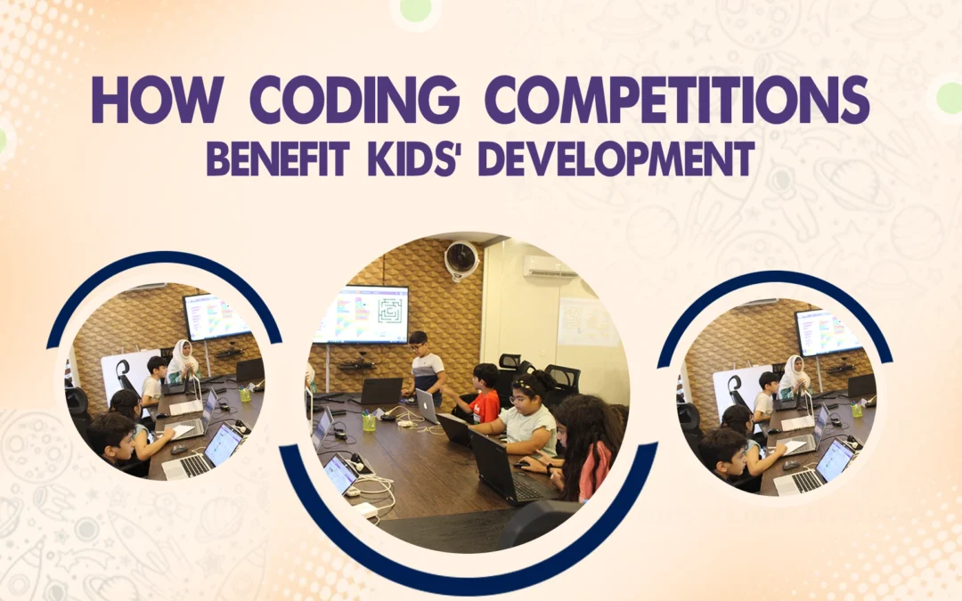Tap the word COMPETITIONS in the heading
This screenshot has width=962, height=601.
[x=676, y=101]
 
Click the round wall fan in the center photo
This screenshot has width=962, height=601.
[x=461, y=259]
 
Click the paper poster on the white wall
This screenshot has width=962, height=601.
[x=587, y=321]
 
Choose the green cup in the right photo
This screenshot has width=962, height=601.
[x=856, y=410]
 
